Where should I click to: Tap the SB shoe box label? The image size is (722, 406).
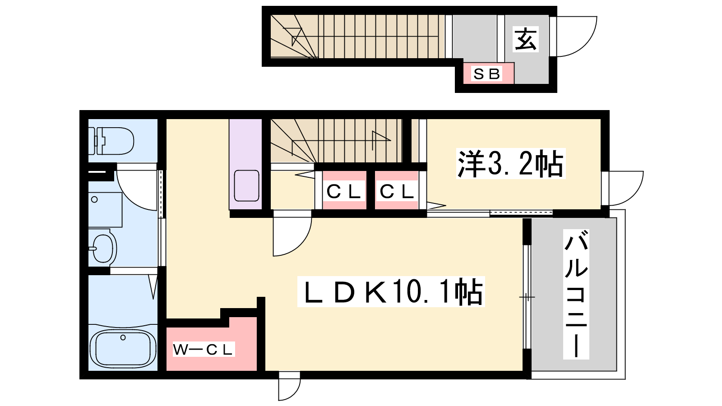(486, 74)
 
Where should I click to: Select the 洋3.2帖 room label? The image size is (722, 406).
(510, 164)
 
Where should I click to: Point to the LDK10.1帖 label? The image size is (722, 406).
(391, 291)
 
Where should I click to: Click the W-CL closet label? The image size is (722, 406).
(203, 350)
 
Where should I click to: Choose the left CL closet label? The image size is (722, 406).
(343, 192)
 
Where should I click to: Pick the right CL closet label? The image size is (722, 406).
(397, 192)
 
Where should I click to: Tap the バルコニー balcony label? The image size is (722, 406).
(576, 294)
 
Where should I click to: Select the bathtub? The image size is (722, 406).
(122, 348)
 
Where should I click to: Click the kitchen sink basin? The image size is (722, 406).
(246, 186)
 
